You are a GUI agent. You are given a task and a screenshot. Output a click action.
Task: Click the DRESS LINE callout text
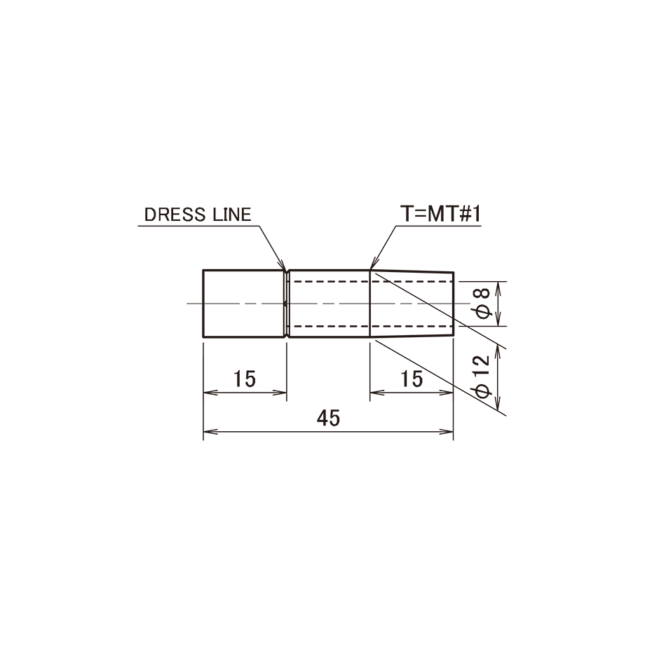(x=198, y=215)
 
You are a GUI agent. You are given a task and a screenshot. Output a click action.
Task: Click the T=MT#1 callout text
(x=440, y=215)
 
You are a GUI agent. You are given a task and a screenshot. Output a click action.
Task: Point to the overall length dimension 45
(x=329, y=418)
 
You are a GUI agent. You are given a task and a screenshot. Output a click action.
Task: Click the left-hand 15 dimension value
(x=245, y=379)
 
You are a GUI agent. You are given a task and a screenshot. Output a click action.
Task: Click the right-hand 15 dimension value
(x=412, y=379)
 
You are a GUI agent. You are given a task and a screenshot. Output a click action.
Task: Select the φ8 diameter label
(x=483, y=304)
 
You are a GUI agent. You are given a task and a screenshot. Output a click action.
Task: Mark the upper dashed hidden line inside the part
(x=370, y=281)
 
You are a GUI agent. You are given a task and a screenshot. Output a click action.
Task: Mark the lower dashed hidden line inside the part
(x=370, y=326)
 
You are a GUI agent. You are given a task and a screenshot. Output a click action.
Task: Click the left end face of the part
(x=203, y=304)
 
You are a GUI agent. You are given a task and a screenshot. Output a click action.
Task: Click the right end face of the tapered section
(x=454, y=304)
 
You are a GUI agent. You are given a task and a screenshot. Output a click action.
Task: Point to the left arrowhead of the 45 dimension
(x=210, y=432)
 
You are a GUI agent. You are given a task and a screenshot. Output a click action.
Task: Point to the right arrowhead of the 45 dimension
(x=447, y=432)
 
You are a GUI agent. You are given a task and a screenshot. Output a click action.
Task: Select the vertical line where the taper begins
(x=370, y=304)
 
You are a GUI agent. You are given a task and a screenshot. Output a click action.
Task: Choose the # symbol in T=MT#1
(x=463, y=215)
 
